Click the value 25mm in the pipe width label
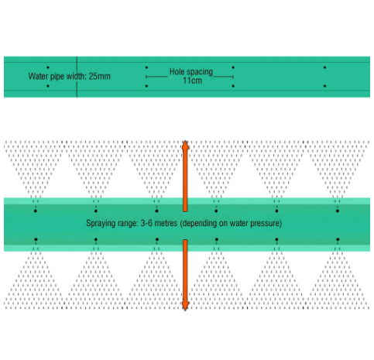click(100, 77)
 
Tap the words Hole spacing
click(191, 72)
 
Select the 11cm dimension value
click(192, 81)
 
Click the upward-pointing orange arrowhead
click(185, 146)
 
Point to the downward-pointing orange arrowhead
click(185, 306)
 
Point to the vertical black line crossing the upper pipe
click(77, 77)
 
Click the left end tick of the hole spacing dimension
click(146, 77)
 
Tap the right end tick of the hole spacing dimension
click(233, 77)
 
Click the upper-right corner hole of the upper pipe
click(324, 67)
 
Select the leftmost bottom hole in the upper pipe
click(48, 86)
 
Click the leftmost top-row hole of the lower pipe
click(36, 211)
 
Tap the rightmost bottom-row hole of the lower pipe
click(338, 239)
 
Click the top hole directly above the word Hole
click(146, 67)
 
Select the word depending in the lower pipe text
click(199, 224)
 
